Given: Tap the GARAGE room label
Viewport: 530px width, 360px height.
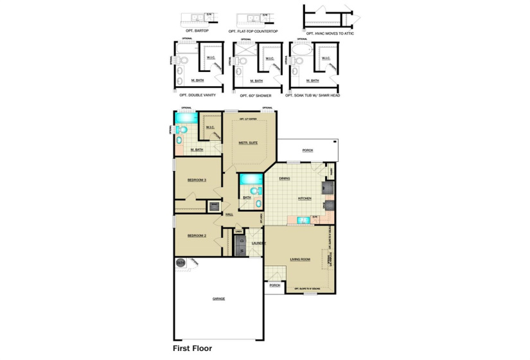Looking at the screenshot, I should pos(219,299).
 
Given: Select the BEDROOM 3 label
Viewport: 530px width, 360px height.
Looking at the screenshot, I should pos(196,180).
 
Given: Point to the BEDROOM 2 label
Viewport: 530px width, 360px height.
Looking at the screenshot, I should pos(196,236).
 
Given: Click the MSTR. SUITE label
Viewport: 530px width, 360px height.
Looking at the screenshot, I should pos(249,143).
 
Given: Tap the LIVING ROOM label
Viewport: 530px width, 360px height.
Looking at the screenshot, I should pos(300,260).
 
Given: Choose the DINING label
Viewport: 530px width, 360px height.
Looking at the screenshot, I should pos(285,179).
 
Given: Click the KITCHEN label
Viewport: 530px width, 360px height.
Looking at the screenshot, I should pos(305,199).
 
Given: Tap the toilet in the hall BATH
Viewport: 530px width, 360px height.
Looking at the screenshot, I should pos(254,191).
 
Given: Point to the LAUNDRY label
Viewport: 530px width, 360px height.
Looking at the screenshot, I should pos(258,243).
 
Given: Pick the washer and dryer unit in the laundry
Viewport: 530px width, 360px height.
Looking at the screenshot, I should pos(240,245).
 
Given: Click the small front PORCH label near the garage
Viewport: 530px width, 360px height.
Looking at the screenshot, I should pos(274,285).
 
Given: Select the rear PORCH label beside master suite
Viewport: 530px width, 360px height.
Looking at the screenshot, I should pos(308,151).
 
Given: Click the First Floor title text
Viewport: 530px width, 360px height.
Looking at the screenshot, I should pos(192,348).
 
